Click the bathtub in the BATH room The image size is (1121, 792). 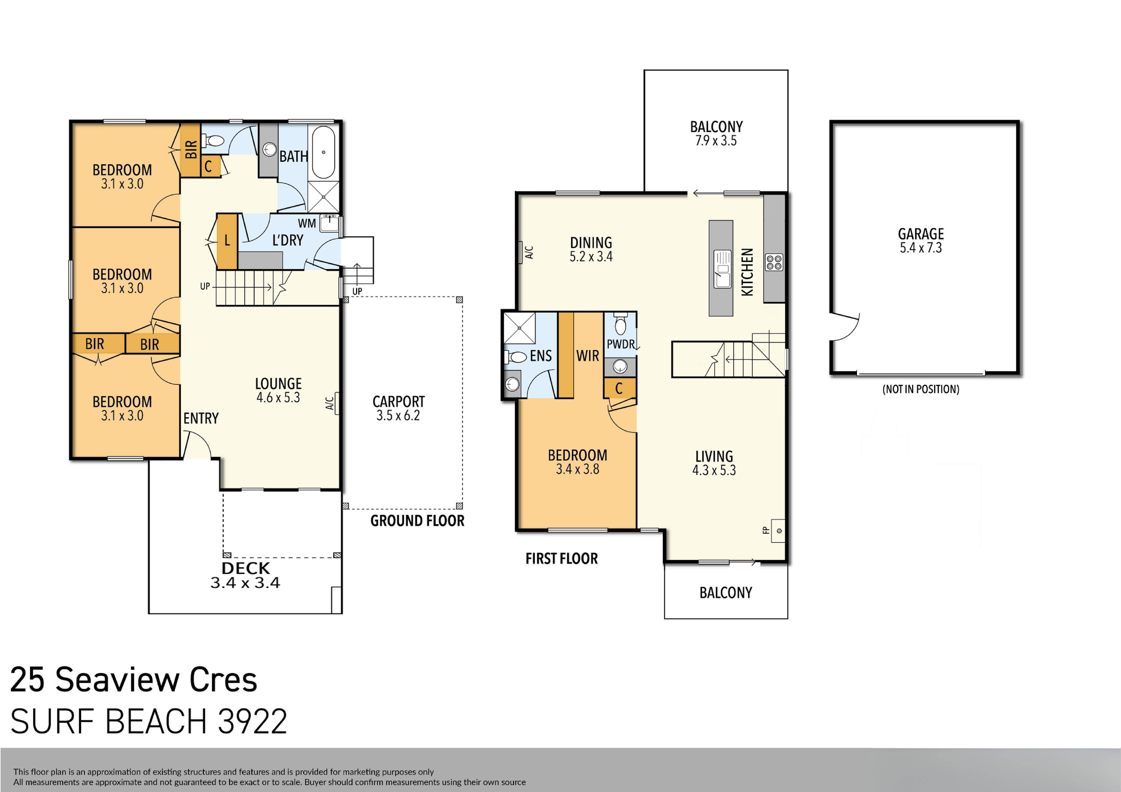pyautogui.click(x=323, y=152)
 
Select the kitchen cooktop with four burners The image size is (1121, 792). pyautogui.click(x=774, y=262)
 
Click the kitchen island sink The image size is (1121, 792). pyautogui.click(x=723, y=270)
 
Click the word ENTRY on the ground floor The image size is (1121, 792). pyautogui.click(x=201, y=418)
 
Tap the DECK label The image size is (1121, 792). pyautogui.click(x=246, y=568)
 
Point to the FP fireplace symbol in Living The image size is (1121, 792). pyautogui.click(x=778, y=531)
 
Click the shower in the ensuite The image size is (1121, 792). pyautogui.click(x=520, y=328)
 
